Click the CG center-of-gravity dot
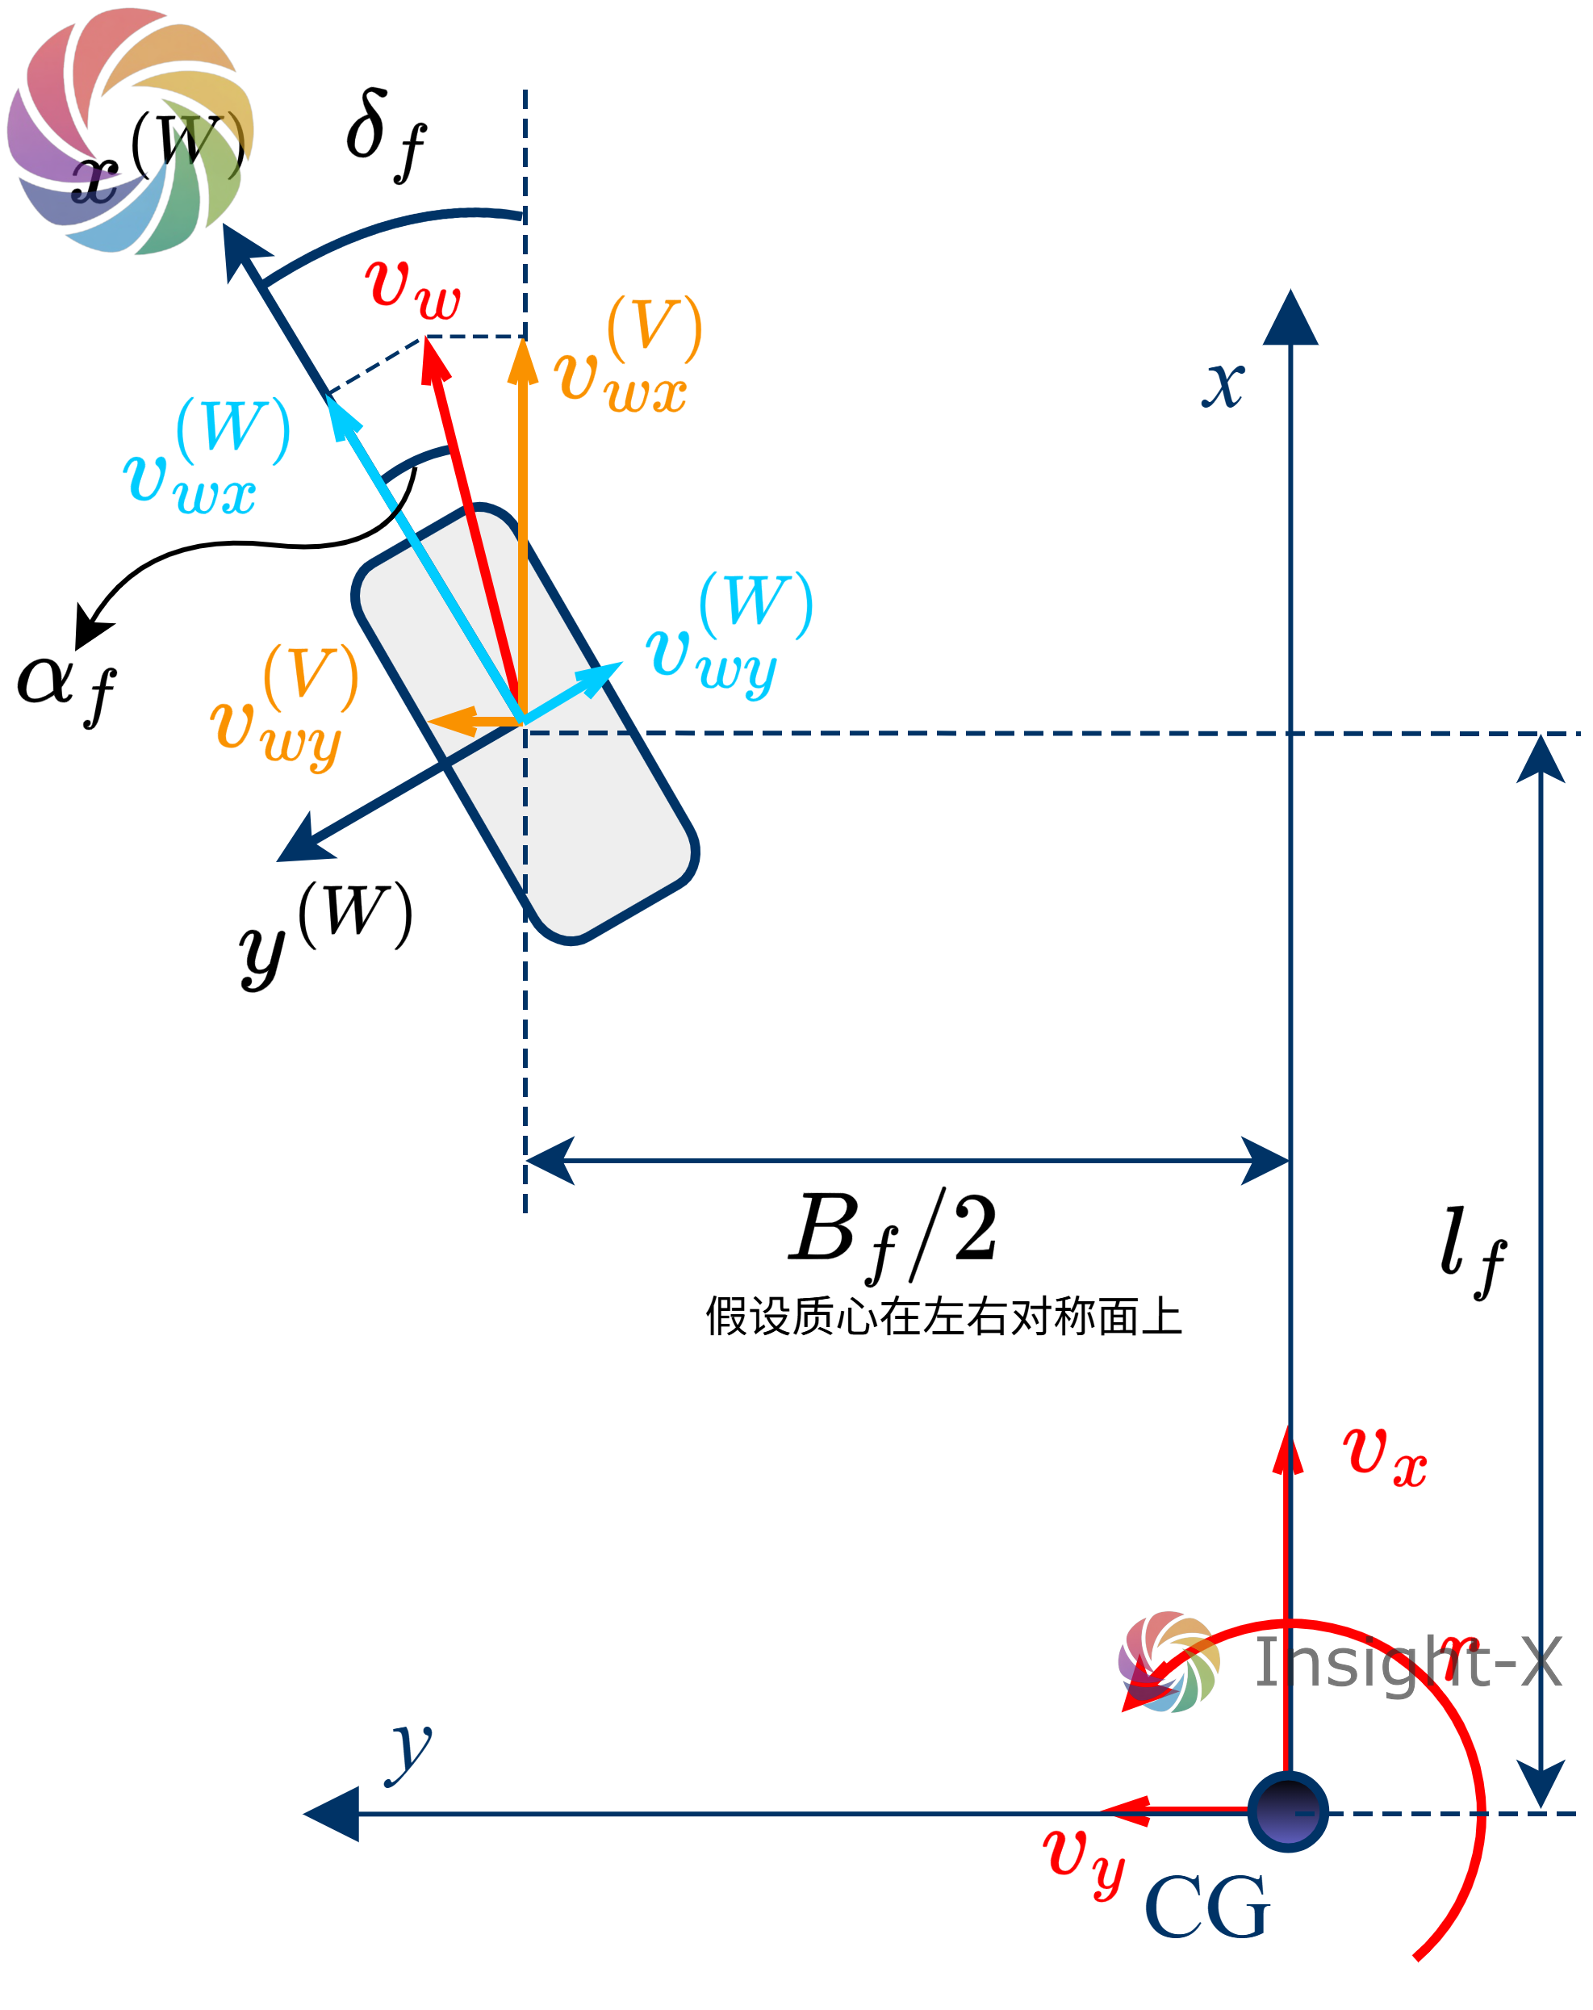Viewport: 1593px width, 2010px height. point(1287,1811)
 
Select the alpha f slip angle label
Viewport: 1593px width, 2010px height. point(66,688)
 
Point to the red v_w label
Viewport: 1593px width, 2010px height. point(413,287)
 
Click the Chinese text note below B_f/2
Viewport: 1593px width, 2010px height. point(943,1317)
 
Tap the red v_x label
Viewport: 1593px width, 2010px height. point(1383,1455)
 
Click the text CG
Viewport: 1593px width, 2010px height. point(1206,1907)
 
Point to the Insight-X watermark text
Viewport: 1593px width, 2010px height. point(1407,1662)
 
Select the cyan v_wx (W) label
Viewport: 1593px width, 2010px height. point(206,457)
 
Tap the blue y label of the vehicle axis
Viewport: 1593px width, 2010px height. point(409,1751)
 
